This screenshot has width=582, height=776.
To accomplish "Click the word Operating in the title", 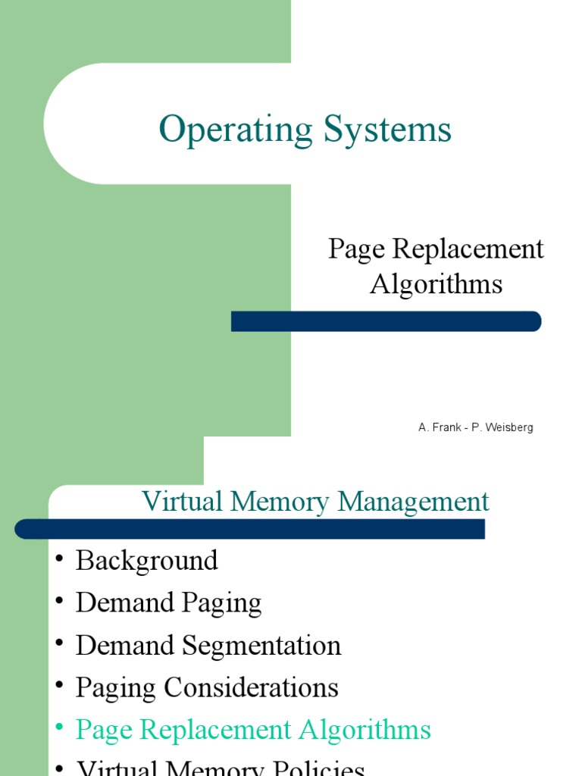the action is point(235,130).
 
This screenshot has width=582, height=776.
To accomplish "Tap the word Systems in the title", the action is point(387,129).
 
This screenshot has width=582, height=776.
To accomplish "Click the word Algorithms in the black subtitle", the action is point(436,284).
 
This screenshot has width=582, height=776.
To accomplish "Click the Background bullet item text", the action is point(147,561).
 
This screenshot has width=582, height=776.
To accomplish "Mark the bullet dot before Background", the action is point(60,560).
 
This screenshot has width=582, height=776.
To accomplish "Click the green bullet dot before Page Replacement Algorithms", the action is point(60,729).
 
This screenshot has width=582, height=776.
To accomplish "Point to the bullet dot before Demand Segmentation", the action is point(60,645).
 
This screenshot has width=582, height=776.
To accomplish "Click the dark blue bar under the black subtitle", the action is point(386,321).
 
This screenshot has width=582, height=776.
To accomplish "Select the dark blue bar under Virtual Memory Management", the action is point(249,529).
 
